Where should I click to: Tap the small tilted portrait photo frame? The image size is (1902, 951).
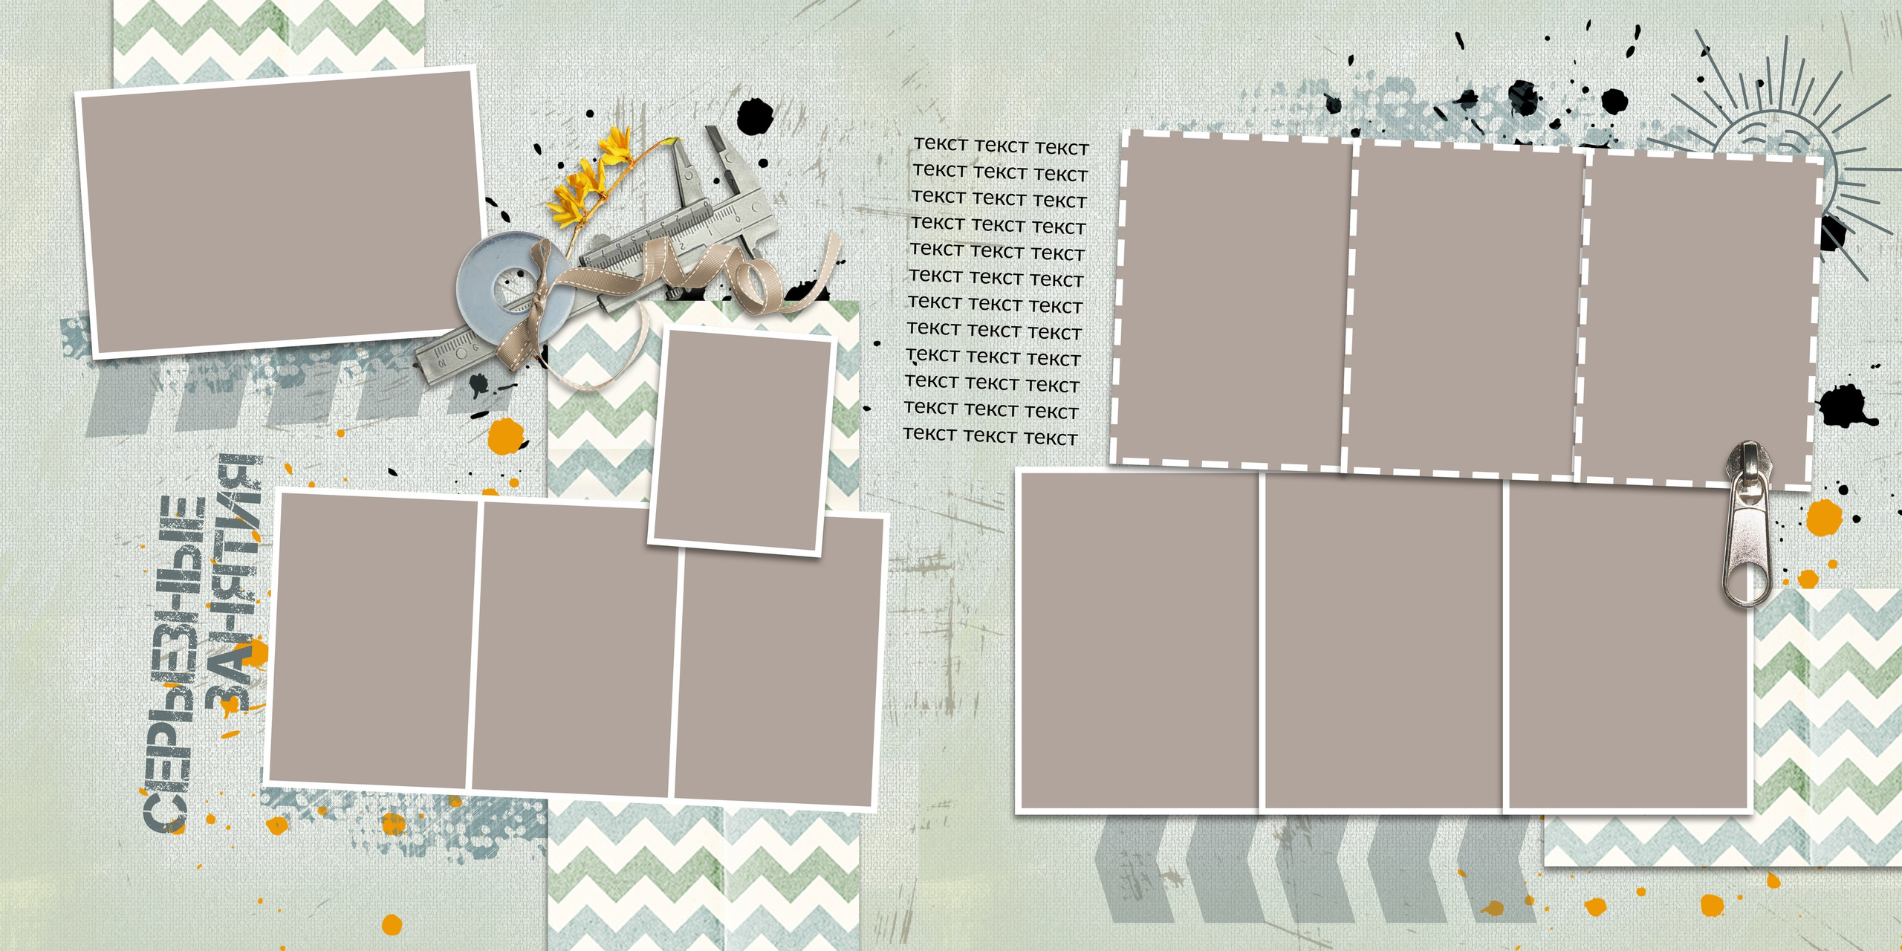click(x=742, y=442)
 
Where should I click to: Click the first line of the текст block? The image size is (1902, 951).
click(x=1001, y=146)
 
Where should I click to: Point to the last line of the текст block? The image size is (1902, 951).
click(x=990, y=436)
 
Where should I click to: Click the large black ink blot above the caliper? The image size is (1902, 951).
click(x=756, y=117)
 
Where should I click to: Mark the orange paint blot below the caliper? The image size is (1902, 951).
click(x=506, y=436)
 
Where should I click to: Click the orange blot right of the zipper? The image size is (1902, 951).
click(x=1824, y=518)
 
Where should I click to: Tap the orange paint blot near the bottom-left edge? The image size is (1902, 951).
click(x=392, y=925)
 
